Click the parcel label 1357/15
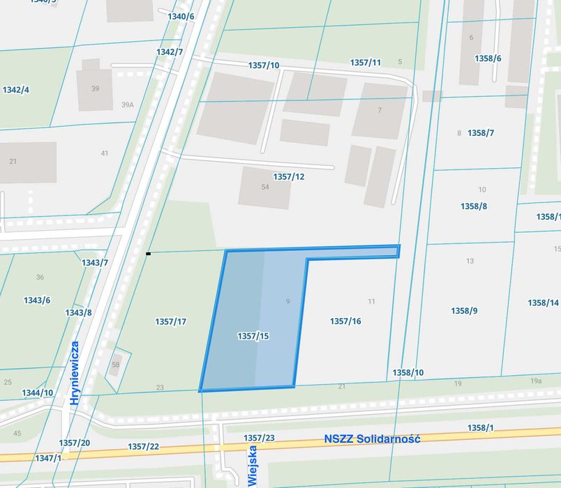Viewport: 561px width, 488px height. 253,336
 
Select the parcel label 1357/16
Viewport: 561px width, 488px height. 345,321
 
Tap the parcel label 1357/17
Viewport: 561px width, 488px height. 170,321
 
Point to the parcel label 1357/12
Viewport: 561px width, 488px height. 288,177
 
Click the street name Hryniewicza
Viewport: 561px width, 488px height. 75,373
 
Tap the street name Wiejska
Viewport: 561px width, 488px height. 253,466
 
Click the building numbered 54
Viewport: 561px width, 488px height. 265,187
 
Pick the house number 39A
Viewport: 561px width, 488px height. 127,105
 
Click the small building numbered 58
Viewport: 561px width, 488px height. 116,365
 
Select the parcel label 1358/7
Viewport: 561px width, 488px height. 481,133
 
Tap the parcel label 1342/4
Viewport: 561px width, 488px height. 16,90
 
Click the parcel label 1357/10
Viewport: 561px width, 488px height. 264,66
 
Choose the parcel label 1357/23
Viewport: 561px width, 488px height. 259,438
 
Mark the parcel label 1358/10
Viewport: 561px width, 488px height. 408,373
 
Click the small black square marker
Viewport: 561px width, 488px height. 148,254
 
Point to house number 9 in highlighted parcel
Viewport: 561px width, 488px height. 287,301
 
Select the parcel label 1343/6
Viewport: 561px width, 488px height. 37,300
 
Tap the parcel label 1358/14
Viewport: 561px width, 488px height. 543,303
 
